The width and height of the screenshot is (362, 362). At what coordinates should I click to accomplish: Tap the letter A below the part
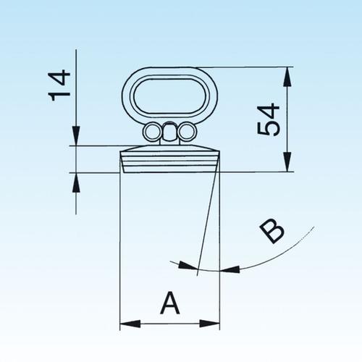[x=169, y=303]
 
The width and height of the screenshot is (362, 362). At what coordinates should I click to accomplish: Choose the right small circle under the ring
[x=188, y=132]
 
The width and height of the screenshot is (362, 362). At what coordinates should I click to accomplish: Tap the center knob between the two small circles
[x=169, y=131]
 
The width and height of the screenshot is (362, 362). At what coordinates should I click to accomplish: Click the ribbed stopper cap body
[x=169, y=156]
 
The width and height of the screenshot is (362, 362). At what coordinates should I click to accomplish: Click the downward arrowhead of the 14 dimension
[x=76, y=138]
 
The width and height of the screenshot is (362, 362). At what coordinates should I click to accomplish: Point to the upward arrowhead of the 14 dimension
[x=76, y=180]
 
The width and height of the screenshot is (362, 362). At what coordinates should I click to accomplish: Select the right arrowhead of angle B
[x=230, y=269]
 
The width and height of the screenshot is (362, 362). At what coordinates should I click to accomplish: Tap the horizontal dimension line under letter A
[x=169, y=324]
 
